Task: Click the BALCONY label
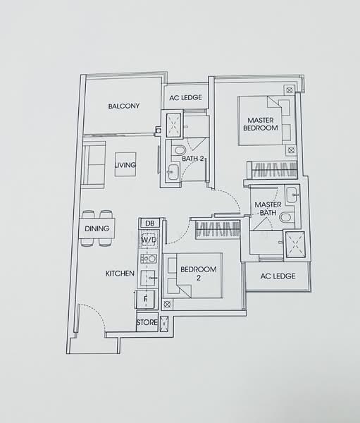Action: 124,106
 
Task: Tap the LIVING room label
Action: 125,165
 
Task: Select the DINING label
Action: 97,228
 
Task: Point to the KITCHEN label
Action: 120,273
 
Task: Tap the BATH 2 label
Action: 192,159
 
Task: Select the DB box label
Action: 149,223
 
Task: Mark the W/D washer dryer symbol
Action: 149,240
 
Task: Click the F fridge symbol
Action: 146,298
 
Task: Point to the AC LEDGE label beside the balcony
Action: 186,98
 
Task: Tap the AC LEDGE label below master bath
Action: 278,276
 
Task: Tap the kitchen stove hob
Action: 149,259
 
